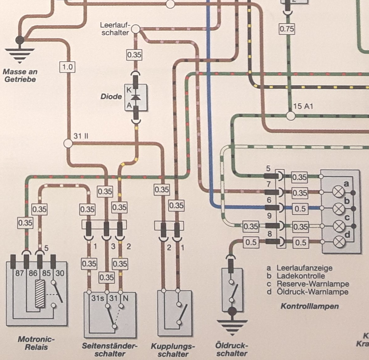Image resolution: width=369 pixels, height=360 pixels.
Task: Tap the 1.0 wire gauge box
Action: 67,67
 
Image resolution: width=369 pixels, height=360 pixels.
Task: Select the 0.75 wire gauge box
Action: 286,29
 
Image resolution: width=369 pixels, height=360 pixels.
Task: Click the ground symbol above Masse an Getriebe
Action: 20,50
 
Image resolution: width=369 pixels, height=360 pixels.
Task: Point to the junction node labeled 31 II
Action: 68,143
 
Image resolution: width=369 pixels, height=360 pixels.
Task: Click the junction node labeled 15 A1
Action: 290,116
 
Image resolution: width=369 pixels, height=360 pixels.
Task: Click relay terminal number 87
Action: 19,273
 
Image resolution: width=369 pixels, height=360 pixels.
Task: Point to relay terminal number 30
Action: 60,273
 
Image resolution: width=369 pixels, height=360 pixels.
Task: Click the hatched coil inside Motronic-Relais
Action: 40,294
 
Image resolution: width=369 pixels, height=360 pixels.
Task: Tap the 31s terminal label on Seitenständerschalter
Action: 98,298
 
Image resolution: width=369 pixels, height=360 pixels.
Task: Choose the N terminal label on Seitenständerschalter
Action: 125,298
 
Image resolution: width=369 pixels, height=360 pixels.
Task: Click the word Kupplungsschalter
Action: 173,350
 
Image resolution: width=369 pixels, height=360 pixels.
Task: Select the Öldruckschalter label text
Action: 232,349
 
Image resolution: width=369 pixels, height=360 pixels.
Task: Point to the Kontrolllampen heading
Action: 309,306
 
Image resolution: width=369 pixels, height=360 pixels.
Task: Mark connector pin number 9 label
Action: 269,216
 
